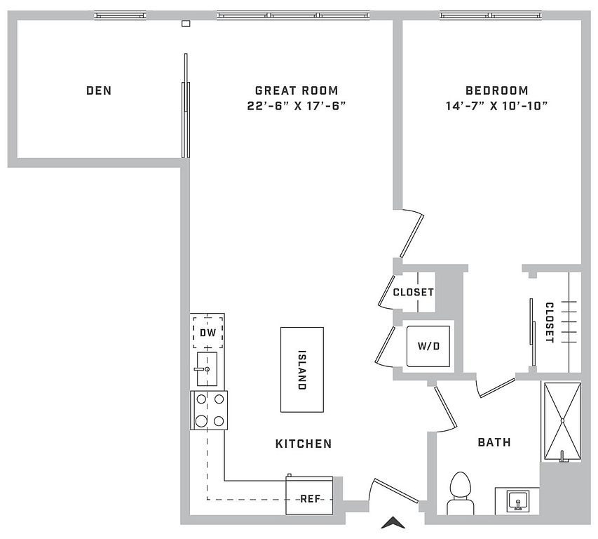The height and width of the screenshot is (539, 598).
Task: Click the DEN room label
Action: [99, 91]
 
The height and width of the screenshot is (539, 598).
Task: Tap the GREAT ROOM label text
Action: [296, 91]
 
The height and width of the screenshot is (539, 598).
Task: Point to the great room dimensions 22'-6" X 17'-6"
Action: [296, 106]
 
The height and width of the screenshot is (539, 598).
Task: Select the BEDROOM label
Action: [497, 91]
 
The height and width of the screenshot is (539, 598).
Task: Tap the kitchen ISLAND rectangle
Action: [302, 369]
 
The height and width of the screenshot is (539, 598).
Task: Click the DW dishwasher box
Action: [208, 333]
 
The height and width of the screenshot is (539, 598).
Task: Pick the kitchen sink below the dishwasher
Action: [208, 369]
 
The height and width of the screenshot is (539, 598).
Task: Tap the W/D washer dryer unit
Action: [428, 345]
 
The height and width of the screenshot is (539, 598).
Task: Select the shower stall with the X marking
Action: [562, 420]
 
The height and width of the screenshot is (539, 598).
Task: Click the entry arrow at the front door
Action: [394, 523]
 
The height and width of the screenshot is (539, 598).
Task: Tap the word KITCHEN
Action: [303, 444]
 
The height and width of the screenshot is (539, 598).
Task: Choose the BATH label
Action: [494, 442]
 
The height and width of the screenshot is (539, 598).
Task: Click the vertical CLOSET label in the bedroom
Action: [549, 323]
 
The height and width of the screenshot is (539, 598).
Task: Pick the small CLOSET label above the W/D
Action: [413, 293]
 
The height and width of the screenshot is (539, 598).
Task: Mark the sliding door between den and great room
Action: [185, 112]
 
